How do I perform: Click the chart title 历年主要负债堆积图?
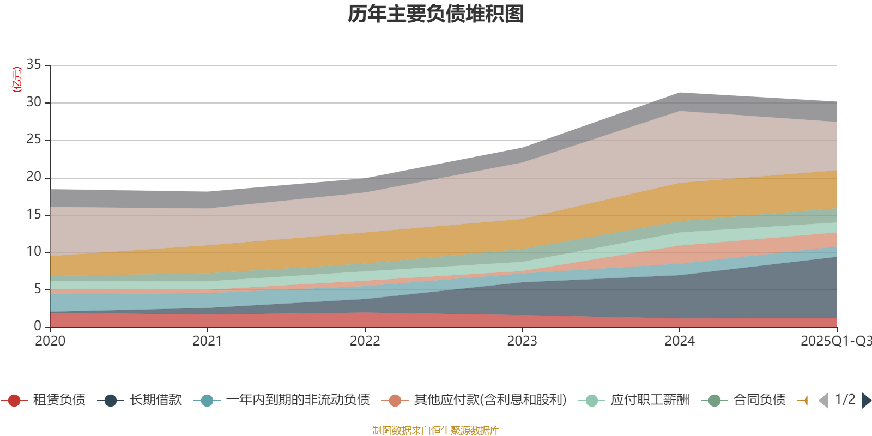[x=436, y=14]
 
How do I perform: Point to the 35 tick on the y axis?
[x=34, y=65]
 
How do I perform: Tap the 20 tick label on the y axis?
[x=34, y=177]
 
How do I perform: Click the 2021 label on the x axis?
[x=207, y=341]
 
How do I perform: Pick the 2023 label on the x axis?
[x=522, y=341]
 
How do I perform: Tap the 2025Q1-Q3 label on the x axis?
[x=835, y=341]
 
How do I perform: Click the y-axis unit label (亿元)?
[x=17, y=80]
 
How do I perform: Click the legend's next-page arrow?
[x=866, y=401]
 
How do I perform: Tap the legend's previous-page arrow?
[x=823, y=401]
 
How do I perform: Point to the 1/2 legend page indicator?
[x=845, y=399]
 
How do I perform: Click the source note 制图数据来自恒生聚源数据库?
[x=436, y=431]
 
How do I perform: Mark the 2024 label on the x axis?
[x=679, y=341]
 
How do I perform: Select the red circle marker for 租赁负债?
[x=14, y=401]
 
